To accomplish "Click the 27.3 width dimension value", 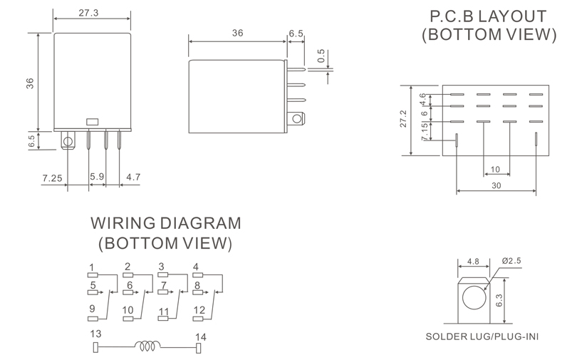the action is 88,13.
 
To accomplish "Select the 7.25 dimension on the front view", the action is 52,178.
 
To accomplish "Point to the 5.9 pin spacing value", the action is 97,177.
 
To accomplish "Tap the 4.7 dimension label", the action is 133,178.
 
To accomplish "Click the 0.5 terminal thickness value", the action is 321,56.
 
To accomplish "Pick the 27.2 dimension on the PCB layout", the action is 403,118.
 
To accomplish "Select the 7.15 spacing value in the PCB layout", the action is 425,131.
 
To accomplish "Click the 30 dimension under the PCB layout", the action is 497,185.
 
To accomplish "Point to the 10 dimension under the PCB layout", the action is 495,170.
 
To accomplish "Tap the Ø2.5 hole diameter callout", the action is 511,261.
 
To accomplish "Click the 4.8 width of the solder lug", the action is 473,262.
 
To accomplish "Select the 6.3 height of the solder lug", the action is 499,300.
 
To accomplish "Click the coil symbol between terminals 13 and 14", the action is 147,345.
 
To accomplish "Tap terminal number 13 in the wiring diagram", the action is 95,334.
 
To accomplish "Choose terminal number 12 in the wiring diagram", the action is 199,310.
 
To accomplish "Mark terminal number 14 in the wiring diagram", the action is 201,336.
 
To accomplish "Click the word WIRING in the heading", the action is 123,223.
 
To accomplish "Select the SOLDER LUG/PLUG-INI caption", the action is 482,336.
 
